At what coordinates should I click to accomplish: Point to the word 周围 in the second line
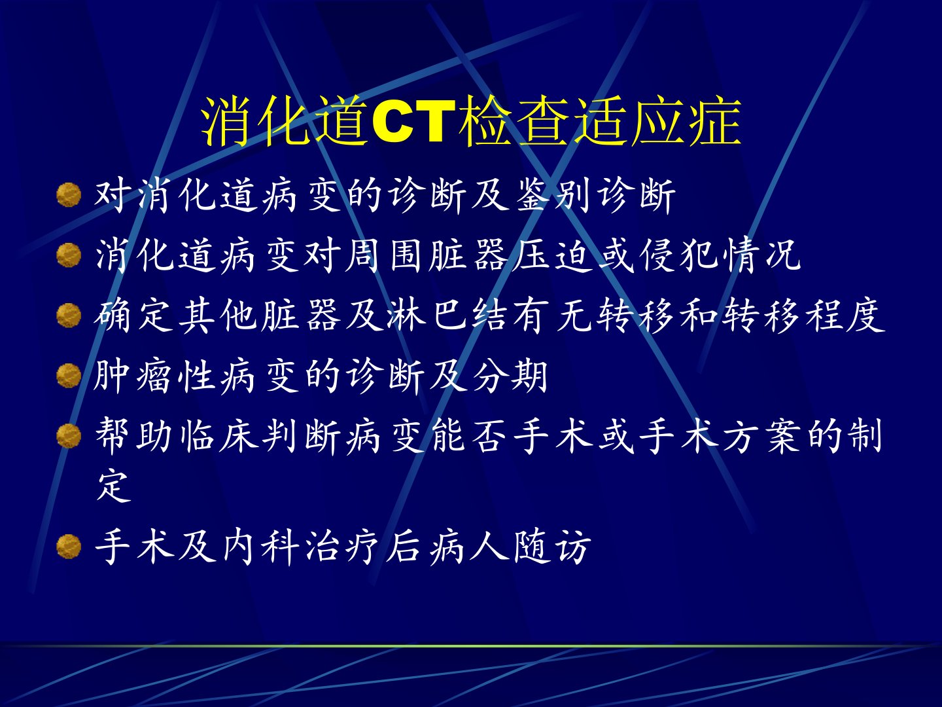[x=383, y=256]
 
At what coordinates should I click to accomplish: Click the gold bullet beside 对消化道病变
[x=69, y=195]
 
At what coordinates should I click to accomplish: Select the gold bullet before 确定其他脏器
[x=69, y=315]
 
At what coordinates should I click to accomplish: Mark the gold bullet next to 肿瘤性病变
[x=69, y=375]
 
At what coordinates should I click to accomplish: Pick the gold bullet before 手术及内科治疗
[x=69, y=546]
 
